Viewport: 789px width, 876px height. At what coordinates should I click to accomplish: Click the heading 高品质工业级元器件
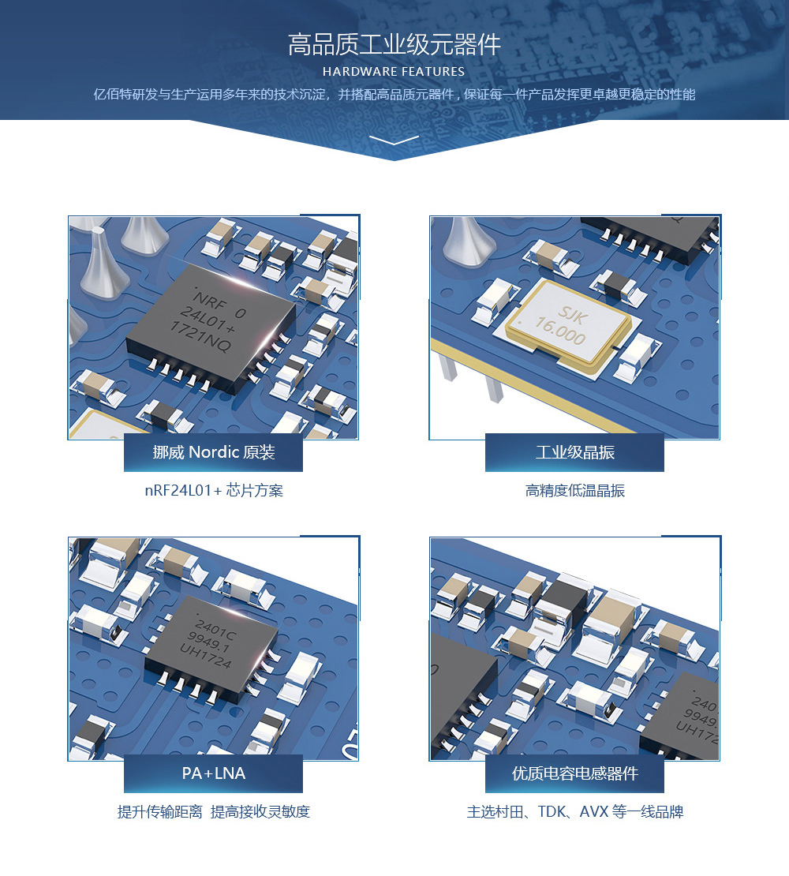[x=394, y=45]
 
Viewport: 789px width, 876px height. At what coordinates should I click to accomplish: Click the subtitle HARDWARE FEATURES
[x=394, y=72]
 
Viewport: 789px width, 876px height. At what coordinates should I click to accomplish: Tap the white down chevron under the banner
[x=394, y=140]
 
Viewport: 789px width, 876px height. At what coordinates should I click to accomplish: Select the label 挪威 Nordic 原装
[x=213, y=452]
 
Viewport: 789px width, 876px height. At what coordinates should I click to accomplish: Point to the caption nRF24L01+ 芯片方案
[x=214, y=491]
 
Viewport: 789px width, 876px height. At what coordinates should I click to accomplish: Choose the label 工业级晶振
[x=574, y=452]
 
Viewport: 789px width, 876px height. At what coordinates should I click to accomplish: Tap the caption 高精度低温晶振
[x=574, y=491]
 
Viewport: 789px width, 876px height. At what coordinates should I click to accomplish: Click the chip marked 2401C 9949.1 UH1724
[x=211, y=648]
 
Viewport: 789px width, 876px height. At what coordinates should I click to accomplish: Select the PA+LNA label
[x=213, y=773]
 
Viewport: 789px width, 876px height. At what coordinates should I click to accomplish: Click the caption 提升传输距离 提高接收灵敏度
[x=213, y=811]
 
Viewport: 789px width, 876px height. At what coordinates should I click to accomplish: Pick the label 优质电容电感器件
[x=574, y=773]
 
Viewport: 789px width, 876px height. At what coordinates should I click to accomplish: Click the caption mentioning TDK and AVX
[x=574, y=811]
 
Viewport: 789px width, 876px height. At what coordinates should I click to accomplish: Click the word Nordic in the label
[x=214, y=452]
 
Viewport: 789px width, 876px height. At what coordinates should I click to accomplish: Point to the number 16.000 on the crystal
[x=560, y=330]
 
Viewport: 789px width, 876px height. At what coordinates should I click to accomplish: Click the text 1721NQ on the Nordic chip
[x=200, y=337]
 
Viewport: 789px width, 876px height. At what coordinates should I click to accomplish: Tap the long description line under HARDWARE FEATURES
[x=394, y=95]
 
